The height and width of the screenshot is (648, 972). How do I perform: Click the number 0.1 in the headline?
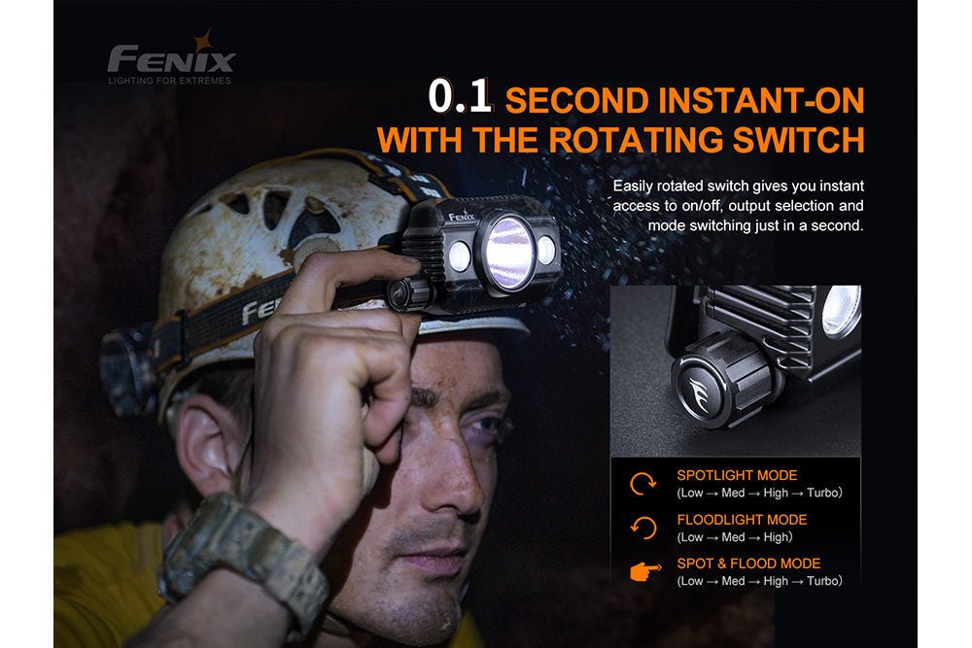(463, 100)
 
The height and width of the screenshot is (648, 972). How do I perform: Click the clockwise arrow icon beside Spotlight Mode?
(643, 485)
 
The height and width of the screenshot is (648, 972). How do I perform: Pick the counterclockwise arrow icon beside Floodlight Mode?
(643, 529)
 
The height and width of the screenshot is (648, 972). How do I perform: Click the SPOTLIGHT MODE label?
(737, 476)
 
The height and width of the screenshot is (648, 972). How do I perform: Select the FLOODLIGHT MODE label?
(742, 520)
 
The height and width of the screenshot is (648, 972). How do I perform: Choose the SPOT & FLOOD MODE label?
(748, 563)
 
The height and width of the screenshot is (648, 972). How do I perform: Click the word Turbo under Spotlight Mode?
(819, 494)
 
